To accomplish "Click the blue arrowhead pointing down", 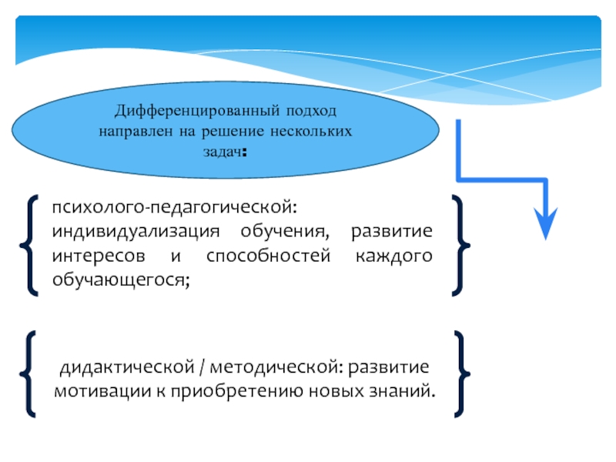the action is click(x=545, y=224).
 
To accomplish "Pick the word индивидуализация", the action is click(x=136, y=233).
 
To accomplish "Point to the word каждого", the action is click(x=393, y=256).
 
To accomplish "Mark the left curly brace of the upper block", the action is click(x=30, y=245).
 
